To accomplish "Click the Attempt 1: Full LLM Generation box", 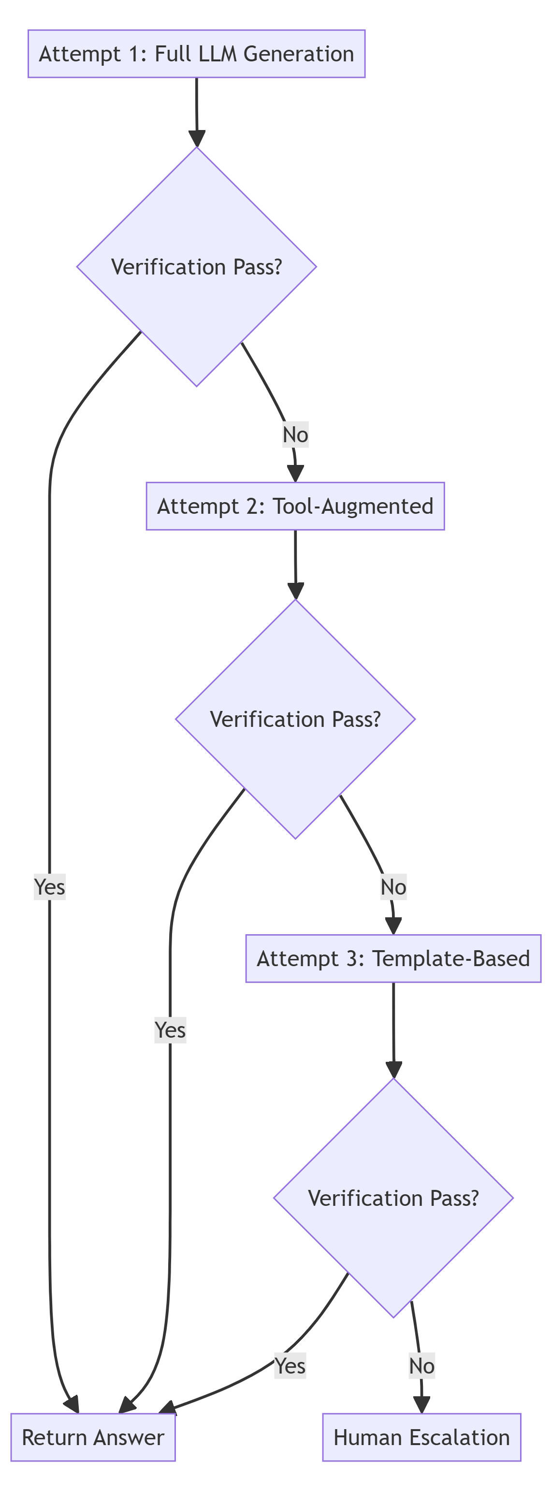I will [196, 54].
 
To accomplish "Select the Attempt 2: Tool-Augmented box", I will [295, 506].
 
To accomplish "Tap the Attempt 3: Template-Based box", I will [393, 958].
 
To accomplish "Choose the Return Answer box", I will [93, 1437].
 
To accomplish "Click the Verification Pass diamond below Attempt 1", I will [196, 267].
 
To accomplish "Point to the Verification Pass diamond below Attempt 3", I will [393, 1198].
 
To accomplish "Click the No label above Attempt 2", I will [295, 434].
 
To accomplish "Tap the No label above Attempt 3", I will [393, 887].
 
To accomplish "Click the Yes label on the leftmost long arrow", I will [50, 887].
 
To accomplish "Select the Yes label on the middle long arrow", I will [170, 1030].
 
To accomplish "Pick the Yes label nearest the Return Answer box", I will [290, 1365].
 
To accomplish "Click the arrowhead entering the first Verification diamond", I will [197, 139].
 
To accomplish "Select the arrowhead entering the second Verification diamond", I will [296, 591].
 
